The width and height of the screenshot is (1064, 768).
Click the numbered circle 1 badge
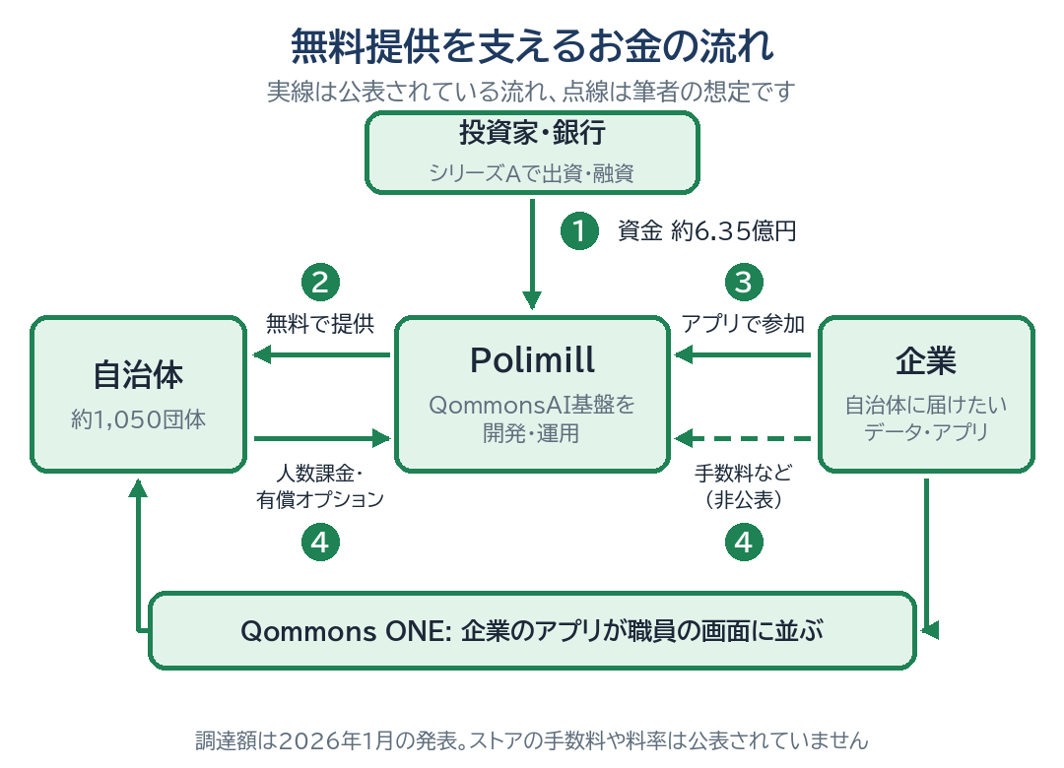(x=579, y=230)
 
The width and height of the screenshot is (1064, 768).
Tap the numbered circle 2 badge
(x=320, y=283)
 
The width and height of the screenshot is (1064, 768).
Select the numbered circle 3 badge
(x=744, y=283)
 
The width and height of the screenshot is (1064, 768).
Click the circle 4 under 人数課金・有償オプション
(x=320, y=543)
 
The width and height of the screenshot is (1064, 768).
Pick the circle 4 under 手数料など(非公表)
(x=744, y=543)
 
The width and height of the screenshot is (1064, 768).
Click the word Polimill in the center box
(x=533, y=360)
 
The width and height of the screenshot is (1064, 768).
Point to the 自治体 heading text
(x=139, y=374)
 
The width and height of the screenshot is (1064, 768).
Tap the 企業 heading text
(x=926, y=360)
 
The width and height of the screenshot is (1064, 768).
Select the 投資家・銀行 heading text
(x=533, y=132)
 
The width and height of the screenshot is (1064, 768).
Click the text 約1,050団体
(x=139, y=419)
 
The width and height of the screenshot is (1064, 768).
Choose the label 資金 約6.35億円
(x=707, y=231)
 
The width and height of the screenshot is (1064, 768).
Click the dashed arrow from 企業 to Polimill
(x=743, y=438)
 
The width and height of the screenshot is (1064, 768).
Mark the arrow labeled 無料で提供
(x=321, y=354)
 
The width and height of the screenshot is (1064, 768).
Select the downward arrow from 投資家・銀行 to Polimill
(x=532, y=254)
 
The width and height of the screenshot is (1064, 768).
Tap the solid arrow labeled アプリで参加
(x=743, y=354)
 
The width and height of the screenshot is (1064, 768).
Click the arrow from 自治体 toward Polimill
(x=322, y=438)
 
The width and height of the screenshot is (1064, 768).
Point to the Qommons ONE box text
(x=532, y=631)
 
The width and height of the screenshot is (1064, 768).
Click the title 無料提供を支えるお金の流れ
(x=532, y=46)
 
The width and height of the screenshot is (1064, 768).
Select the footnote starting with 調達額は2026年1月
(x=532, y=740)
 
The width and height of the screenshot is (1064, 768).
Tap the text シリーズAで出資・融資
(x=532, y=173)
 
